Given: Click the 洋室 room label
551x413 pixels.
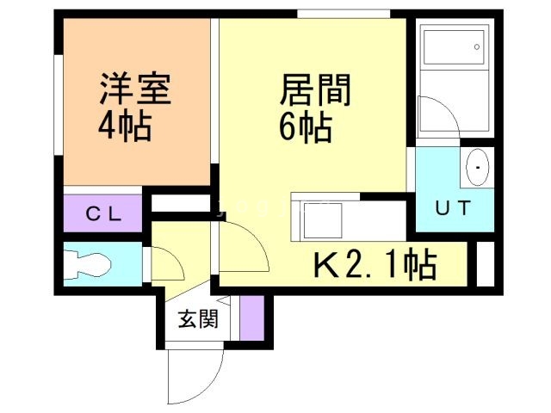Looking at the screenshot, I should point(135,90).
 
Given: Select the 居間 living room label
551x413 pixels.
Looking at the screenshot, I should point(316,90).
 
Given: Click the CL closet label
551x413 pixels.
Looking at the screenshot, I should point(102,213).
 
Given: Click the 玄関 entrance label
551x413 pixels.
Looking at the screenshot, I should point(197,320).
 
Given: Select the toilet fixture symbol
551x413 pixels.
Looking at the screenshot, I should point(85,263).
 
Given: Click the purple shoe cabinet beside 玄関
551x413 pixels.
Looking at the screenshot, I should point(251,317).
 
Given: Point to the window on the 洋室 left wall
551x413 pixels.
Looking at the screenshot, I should point(59,103).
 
